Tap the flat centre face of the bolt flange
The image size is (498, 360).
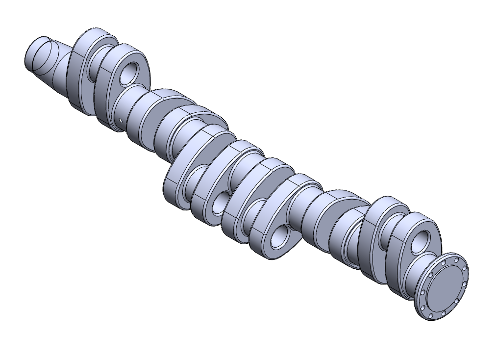tap(445, 287)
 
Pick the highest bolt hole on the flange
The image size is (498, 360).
tap(457, 260)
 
